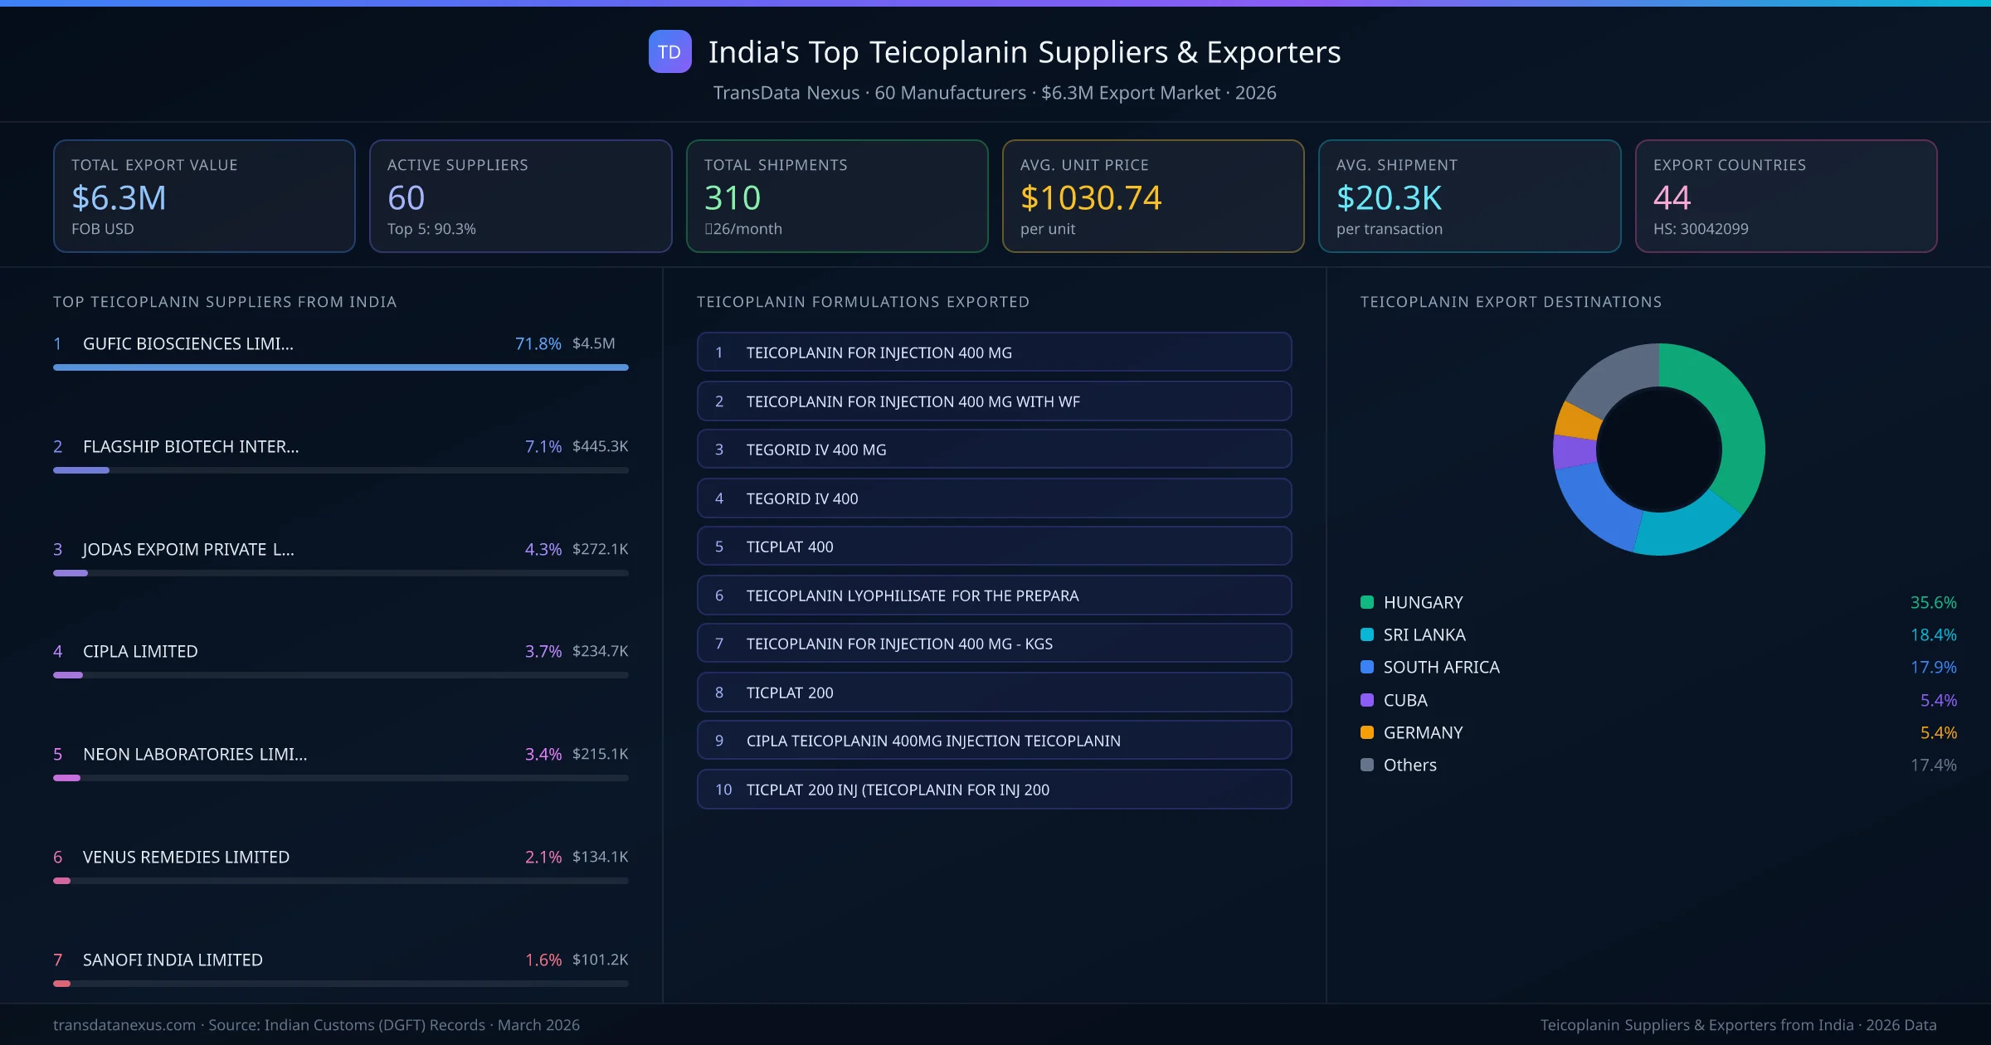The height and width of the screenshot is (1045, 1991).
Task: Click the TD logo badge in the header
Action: tap(669, 52)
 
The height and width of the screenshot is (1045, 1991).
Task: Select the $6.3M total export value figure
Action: tap(119, 198)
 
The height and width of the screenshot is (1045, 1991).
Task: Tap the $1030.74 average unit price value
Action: tap(1090, 198)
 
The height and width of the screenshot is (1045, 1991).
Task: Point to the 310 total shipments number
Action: tap(732, 198)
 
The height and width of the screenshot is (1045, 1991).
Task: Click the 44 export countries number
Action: tap(1672, 198)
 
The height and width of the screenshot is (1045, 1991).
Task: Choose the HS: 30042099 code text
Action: tap(1700, 229)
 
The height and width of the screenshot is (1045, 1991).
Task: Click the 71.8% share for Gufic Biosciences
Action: tap(538, 343)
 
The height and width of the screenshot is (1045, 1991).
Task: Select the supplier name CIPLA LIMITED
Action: tap(140, 651)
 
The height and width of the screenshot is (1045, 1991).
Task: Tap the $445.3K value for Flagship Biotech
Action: tap(600, 446)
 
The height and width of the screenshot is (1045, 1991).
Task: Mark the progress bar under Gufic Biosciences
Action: tap(340, 367)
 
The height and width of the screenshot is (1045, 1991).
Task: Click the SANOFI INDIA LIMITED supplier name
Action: tap(173, 960)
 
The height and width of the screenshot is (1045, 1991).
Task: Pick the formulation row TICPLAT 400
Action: tap(994, 547)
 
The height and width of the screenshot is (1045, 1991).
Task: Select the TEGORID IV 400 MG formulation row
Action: tap(994, 450)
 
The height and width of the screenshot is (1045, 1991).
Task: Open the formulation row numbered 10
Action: tap(994, 790)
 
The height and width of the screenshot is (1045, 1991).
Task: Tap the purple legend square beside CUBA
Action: tap(1367, 700)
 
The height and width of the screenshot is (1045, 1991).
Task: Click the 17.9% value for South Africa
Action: tap(1933, 668)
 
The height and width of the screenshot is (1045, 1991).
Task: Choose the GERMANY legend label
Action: tap(1423, 732)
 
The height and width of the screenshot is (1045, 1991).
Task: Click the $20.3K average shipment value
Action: tap(1389, 198)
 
